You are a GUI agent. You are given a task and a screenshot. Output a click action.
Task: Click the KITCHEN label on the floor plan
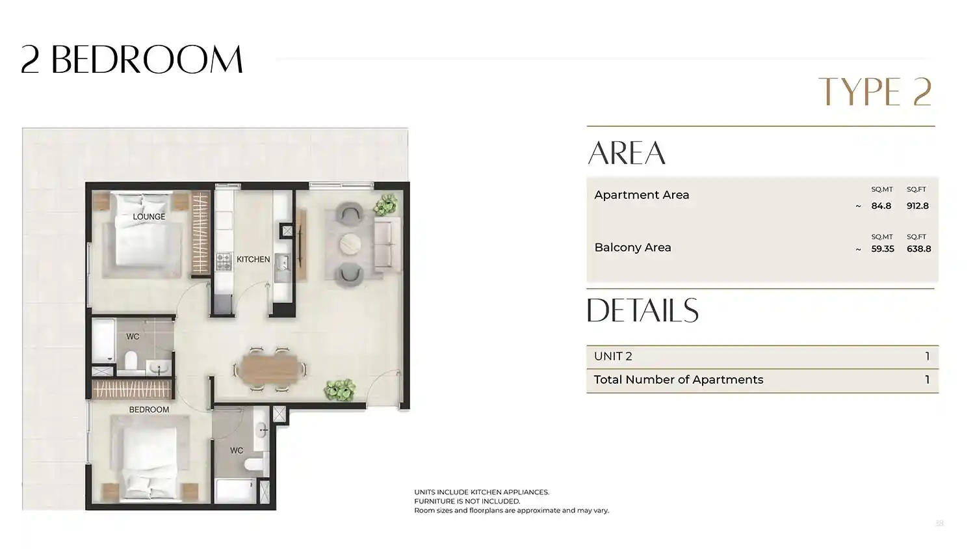point(253,260)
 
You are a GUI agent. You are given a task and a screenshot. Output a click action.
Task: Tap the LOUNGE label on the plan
point(149,217)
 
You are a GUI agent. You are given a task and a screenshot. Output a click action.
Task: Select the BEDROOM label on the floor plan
point(149,410)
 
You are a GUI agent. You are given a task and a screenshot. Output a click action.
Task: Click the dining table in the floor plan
point(270,369)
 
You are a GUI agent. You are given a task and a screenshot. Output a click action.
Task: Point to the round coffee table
point(350,244)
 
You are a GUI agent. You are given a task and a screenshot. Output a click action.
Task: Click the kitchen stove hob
point(224,262)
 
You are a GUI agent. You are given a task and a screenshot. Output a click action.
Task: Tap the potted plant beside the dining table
point(340,389)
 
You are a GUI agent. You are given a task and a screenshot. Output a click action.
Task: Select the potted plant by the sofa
point(385,205)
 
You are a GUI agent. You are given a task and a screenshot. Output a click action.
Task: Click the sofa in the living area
point(387,244)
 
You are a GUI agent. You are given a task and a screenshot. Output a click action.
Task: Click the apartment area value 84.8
point(881,206)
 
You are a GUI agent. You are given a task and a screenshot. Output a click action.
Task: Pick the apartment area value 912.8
point(918,206)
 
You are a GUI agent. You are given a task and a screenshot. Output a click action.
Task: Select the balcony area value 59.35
point(882,248)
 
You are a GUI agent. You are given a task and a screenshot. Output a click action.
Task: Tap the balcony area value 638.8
point(919,248)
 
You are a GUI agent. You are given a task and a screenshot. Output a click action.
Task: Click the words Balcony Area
point(632,247)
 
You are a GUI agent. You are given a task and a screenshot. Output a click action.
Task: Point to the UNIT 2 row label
point(613,356)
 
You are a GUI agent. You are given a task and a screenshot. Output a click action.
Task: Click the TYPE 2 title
point(876,92)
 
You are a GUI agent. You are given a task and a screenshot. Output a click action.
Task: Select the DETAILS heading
point(642,310)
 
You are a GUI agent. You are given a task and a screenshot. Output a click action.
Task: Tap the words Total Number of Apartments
point(679,379)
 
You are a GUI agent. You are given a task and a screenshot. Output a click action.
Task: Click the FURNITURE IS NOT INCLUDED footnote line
point(467,501)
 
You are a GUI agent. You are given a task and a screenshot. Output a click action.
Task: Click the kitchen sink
point(283,263)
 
